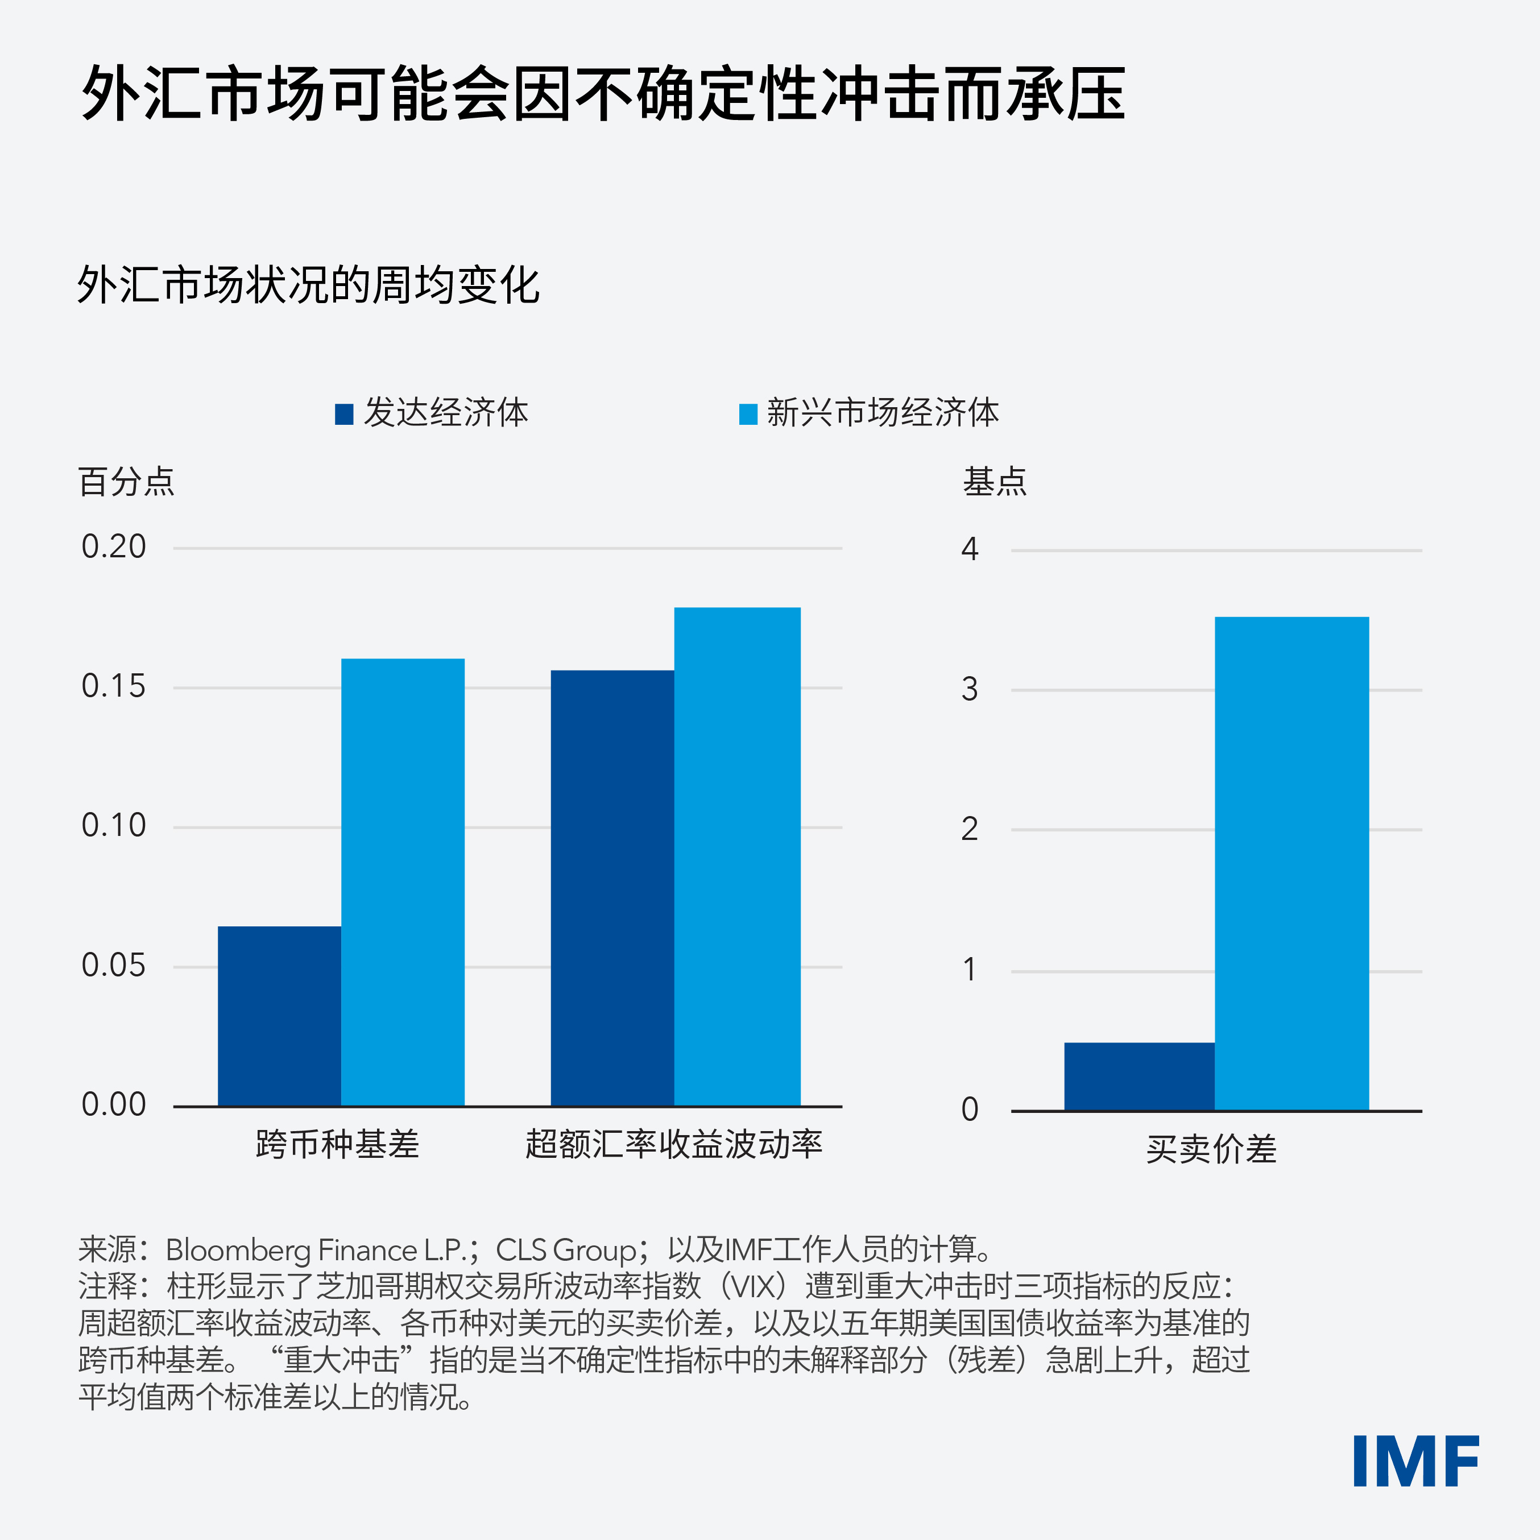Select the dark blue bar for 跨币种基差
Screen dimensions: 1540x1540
tap(279, 1016)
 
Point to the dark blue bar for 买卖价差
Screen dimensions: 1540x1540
tap(1139, 1076)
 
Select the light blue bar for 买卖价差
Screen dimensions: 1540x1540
tap(1291, 863)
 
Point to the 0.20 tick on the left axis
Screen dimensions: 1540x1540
tap(114, 547)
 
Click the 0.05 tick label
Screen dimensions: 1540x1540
tap(114, 965)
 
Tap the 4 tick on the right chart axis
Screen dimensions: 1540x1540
tap(969, 549)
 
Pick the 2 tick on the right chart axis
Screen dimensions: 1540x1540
tap(969, 830)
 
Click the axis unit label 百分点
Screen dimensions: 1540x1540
tap(126, 482)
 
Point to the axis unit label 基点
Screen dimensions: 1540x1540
tap(995, 482)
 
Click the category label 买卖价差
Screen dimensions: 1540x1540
tap(1211, 1149)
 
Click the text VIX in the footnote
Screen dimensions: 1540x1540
tap(754, 1286)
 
